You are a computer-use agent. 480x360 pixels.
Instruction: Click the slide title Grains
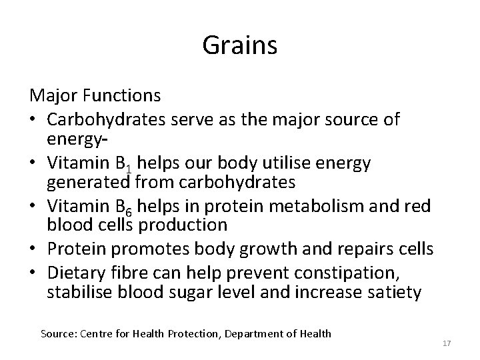[240, 47]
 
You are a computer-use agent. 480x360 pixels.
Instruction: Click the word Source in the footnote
[58, 333]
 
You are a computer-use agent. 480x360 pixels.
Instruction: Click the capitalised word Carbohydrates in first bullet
[105, 120]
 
